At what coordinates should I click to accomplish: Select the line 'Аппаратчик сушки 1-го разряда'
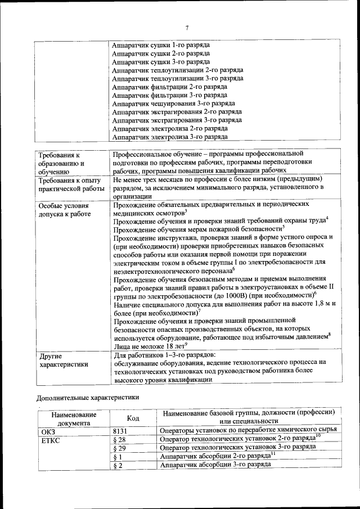point(161,44)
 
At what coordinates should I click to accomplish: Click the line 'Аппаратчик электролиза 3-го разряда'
point(170,137)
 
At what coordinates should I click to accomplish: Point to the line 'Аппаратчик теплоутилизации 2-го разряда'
point(177,70)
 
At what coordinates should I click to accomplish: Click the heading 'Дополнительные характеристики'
point(88,397)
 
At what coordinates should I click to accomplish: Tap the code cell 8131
point(120,431)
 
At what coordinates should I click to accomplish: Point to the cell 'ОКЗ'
point(49,431)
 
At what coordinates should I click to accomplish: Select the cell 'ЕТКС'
point(51,440)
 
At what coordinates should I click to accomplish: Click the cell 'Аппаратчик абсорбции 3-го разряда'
point(215,465)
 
